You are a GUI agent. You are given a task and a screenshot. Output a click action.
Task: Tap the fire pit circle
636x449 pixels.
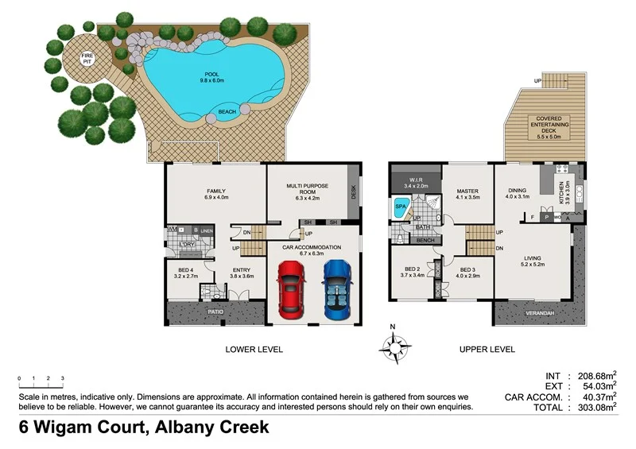87,58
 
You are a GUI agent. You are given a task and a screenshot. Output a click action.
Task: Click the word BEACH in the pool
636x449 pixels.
227,112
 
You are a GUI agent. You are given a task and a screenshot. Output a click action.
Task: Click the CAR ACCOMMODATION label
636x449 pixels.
313,247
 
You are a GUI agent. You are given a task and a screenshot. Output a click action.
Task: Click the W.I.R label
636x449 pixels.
417,182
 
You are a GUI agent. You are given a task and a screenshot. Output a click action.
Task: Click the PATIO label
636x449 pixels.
215,312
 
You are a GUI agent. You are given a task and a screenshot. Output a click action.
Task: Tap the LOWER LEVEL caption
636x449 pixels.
254,349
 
